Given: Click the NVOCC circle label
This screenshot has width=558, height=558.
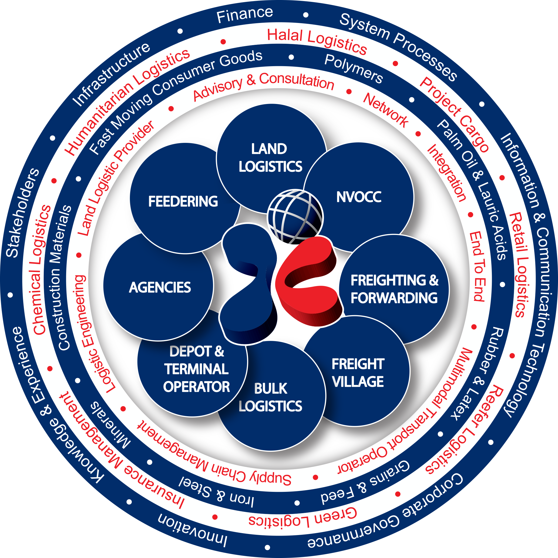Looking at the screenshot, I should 359,197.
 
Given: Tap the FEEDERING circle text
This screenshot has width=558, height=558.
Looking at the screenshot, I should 183,201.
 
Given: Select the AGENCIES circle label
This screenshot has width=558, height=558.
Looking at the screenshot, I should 160,287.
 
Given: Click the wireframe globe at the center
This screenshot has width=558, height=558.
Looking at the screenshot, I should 295,217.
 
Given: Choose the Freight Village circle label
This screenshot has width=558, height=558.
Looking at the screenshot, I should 358,372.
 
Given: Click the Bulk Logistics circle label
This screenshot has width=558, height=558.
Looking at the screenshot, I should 271,397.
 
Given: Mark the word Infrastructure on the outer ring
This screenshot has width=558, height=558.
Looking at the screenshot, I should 111,75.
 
